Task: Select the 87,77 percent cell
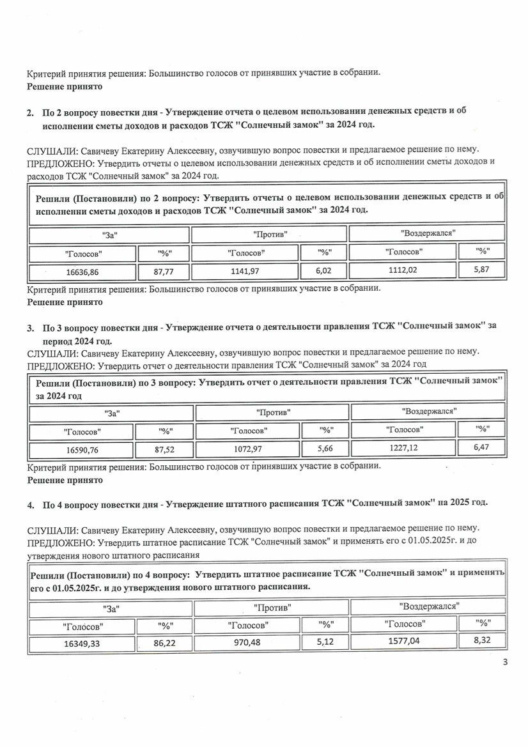tap(164, 272)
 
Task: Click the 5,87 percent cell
tap(481, 270)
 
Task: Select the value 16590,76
tap(81, 450)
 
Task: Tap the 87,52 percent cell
tap(165, 450)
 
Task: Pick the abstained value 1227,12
tap(405, 448)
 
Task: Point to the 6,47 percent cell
tap(481, 447)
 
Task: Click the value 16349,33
tap(82, 643)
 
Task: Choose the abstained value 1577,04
tap(404, 641)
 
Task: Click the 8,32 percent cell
tap(482, 640)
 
